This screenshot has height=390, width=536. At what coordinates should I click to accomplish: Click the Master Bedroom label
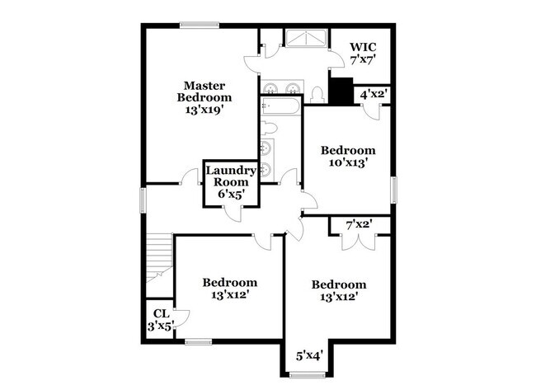pyautogui.click(x=205, y=92)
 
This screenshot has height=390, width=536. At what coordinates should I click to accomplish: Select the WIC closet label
pyautogui.click(x=364, y=46)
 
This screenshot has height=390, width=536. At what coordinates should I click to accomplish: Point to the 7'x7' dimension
pyautogui.click(x=364, y=60)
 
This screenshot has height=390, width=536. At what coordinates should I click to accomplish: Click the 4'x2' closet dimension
pyautogui.click(x=374, y=95)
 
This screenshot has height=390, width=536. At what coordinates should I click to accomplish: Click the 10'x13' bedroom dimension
pyautogui.click(x=348, y=163)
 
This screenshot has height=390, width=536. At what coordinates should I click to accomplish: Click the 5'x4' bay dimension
pyautogui.click(x=309, y=356)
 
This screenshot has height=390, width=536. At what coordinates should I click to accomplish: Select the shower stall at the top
pyautogui.click(x=305, y=38)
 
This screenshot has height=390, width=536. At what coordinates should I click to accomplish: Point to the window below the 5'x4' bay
pyautogui.click(x=309, y=375)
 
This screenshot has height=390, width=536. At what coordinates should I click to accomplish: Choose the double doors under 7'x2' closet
pyautogui.click(x=353, y=241)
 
